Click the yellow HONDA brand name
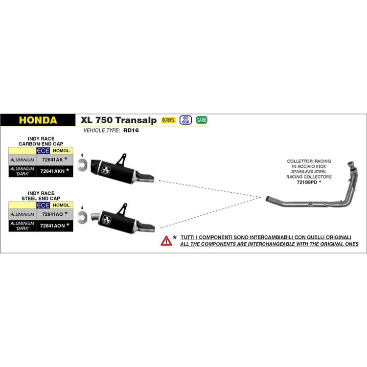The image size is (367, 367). click(38, 120)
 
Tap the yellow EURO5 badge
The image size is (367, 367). click(168, 120)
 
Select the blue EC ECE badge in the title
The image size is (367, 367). click(185, 120)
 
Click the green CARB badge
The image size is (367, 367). click(201, 120)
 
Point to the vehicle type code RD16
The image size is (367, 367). click(131, 130)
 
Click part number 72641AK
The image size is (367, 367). click(52, 160)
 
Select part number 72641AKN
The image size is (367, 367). click(52, 171)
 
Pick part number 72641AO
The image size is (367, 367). click(52, 214)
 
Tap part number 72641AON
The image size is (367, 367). click(52, 226)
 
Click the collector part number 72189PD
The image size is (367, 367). click(307, 182)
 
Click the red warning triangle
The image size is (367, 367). click(166, 241)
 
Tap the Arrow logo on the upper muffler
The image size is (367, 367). click(106, 170)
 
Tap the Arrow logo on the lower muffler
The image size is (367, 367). click(107, 220)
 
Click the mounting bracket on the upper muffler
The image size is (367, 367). click(122, 160)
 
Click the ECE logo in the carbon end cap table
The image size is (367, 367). click(43, 151)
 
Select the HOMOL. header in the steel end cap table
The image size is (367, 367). click(62, 205)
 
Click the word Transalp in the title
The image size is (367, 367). click(136, 120)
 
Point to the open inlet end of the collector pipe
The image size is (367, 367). click(268, 199)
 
